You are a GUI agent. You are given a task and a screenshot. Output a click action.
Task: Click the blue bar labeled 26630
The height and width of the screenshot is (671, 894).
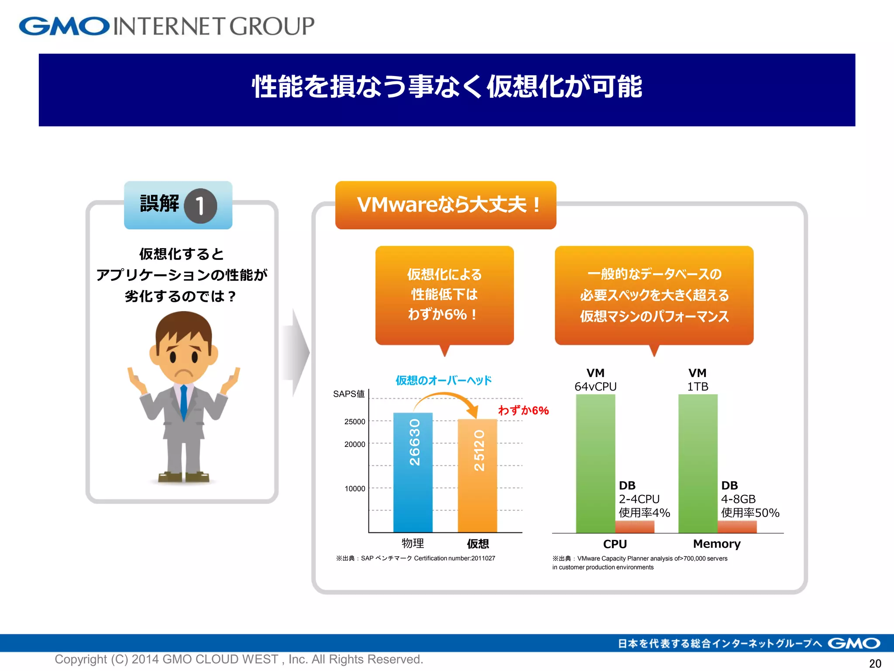coord(413,472)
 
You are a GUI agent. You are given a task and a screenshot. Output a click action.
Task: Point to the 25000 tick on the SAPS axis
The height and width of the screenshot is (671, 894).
coord(354,422)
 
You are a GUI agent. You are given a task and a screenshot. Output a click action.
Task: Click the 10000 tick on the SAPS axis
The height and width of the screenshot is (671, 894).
coord(354,488)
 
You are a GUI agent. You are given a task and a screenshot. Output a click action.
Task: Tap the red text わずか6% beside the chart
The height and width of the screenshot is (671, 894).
coord(523,410)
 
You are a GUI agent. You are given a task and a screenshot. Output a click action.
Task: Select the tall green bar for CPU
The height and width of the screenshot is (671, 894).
coord(595,463)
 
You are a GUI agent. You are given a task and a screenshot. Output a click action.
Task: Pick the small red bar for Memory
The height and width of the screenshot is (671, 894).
coord(737,526)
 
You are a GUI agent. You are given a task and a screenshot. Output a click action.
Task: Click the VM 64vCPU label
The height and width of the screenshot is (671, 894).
coord(595,380)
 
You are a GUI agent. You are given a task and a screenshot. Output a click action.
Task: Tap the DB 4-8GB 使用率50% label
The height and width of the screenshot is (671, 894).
coord(750,499)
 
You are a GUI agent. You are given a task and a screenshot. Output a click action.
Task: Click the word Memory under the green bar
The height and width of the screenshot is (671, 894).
coord(717,544)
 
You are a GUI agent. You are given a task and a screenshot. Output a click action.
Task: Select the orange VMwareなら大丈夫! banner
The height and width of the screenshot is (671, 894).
coord(446,205)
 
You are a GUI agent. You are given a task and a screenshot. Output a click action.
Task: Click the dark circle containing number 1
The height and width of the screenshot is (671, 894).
coord(200,206)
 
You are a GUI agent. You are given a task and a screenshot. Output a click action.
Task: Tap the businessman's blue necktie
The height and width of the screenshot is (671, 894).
coord(184,402)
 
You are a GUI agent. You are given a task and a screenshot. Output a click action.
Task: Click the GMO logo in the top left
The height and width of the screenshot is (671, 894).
coord(64,26)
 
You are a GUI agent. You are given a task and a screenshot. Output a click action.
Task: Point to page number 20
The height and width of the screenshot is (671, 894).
coord(875,663)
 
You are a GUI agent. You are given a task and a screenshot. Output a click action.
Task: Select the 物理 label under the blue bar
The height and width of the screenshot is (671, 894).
coord(413,543)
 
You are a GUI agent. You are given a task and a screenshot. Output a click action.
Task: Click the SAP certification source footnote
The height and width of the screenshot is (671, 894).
coord(415,558)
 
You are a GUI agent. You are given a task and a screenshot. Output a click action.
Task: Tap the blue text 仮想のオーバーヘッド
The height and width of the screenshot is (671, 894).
coord(444,380)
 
